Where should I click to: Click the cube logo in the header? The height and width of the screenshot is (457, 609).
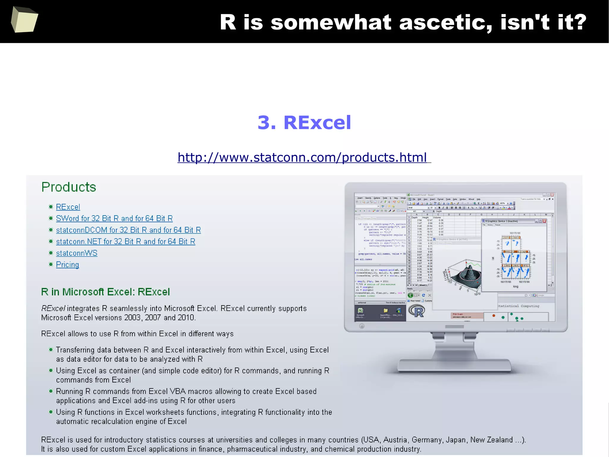coord(24,20)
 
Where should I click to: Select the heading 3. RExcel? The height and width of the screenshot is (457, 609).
coord(304,122)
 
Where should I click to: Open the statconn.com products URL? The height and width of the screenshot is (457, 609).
coord(302,157)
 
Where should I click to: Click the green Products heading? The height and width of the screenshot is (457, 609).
coord(69,187)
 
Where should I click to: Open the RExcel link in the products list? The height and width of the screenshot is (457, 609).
coord(68,207)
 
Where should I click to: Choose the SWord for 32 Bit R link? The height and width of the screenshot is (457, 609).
coord(114,219)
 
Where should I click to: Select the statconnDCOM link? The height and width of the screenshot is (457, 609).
coord(128,230)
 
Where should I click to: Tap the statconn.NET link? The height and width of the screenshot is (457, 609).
coord(125,241)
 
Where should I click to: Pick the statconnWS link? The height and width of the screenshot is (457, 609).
coord(77,253)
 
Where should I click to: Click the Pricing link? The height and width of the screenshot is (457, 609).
coord(68,265)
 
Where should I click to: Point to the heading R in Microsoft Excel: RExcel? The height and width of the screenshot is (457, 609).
coord(106,292)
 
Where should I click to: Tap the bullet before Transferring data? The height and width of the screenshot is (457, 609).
coord(51,350)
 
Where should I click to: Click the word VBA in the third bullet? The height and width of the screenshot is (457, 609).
coord(178,392)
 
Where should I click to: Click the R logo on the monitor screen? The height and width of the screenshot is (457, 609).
coord(417,311)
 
